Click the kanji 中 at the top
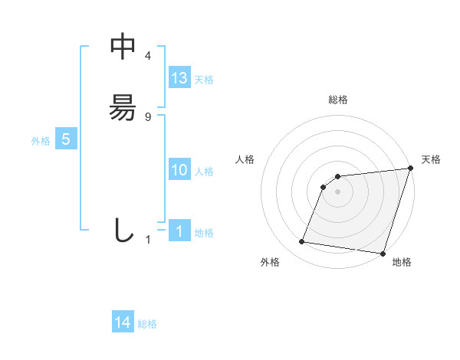123,47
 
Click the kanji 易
123,108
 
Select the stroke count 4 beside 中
148,56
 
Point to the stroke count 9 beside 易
148,117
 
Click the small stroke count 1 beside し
148,240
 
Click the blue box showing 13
179,78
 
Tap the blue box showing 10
179,170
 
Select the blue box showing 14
123,323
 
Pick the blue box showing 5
66,139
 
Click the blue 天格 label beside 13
204,80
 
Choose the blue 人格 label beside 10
204,172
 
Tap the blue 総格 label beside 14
147,325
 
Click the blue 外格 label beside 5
41,141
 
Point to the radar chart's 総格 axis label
337,100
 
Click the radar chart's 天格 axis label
431,159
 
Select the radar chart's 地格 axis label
402,262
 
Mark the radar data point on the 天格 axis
410,169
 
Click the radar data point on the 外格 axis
302,242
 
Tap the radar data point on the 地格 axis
383,254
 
